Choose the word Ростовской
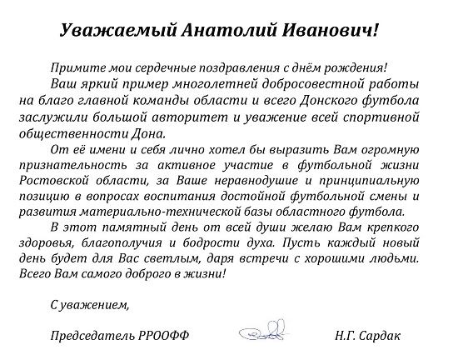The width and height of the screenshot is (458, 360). [77, 185]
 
